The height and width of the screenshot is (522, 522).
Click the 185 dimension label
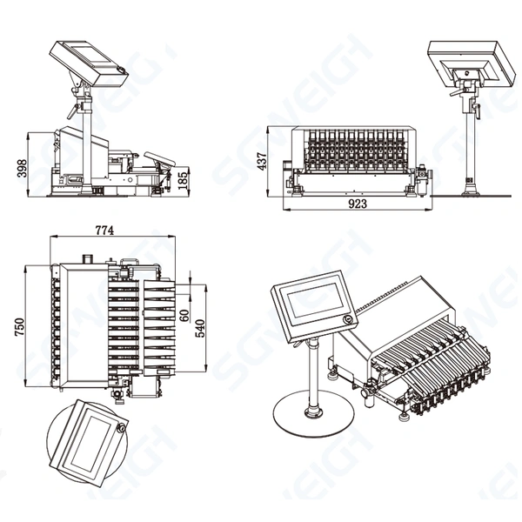coord(183,182)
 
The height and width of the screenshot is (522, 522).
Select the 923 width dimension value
coord(357,204)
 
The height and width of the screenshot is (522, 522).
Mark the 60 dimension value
coord(184,315)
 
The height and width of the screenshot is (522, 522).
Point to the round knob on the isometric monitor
coord(349,320)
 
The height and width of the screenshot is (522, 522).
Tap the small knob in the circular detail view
coord(122,427)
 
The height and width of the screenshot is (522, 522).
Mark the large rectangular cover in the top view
coord(84,327)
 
